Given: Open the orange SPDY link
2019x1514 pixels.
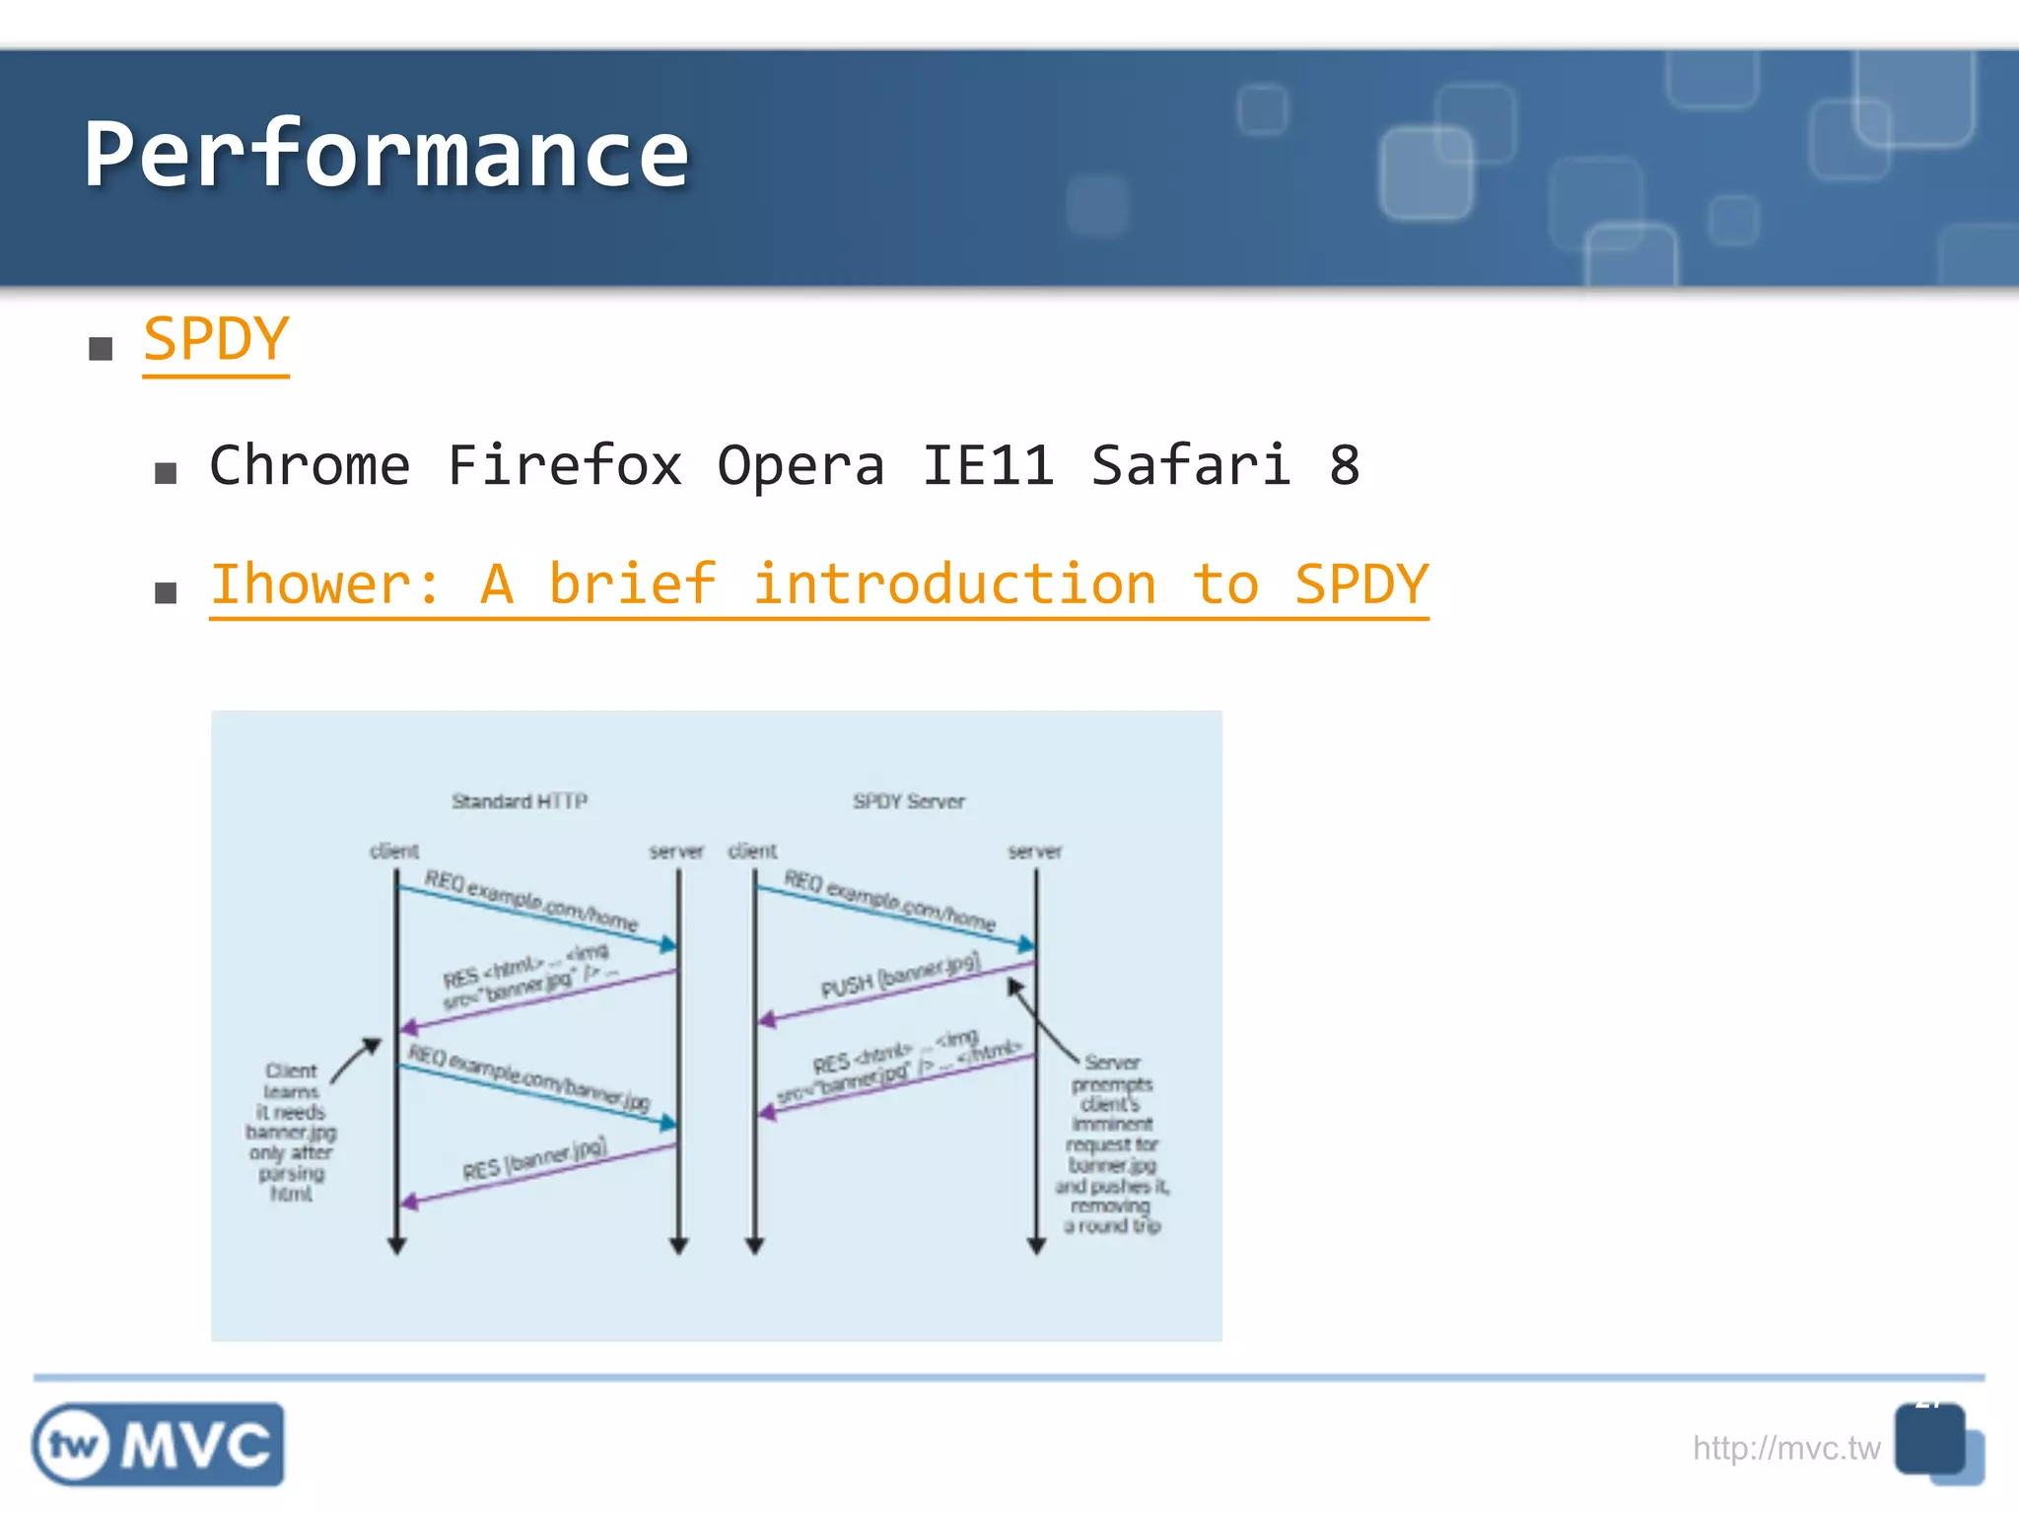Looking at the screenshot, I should tap(216, 340).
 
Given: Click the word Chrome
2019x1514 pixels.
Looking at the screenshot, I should tap(310, 465).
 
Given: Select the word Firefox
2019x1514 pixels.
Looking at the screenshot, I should tap(564, 465).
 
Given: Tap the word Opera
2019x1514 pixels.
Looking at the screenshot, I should tap(801, 465).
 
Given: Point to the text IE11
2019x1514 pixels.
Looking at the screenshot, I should tap(987, 465).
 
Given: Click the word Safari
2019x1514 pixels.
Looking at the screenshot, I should tap(1190, 465).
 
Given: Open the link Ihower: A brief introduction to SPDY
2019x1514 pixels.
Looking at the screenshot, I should tap(818, 585).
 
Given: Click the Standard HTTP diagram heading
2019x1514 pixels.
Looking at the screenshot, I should tap(520, 801).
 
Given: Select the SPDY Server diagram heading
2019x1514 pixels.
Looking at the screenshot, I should tap(908, 801).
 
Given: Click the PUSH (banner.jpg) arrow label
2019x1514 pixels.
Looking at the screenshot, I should tap(899, 975).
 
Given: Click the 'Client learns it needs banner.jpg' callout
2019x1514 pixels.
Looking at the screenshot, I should tap(291, 1132).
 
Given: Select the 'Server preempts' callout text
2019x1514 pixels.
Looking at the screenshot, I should tap(1112, 1143).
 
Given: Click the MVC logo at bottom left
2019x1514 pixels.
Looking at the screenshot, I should tap(159, 1445).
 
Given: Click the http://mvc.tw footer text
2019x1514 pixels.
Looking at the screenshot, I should tap(1785, 1448).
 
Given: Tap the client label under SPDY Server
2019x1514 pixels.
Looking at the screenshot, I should tap(752, 851).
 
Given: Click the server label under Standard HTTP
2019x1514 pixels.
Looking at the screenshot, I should tap(676, 851).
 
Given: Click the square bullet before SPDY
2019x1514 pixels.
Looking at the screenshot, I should tap(101, 348).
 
